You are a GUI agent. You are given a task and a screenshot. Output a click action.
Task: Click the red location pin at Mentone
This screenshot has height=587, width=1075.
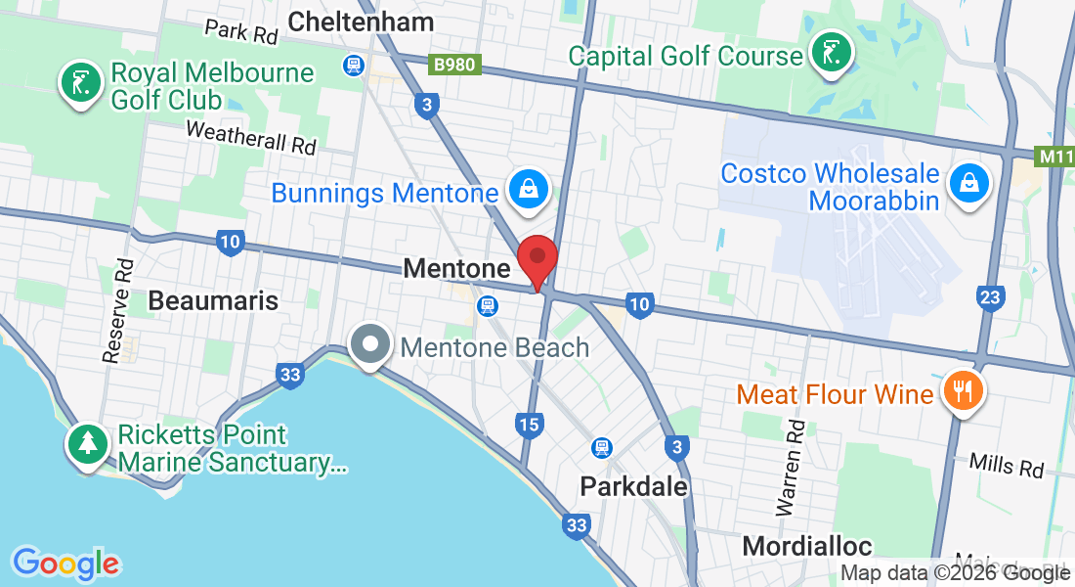click(537, 259)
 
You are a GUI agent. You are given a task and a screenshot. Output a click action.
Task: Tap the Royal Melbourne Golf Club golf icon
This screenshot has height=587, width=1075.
click(80, 82)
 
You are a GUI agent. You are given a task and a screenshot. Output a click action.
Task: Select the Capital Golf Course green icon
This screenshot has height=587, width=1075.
click(830, 53)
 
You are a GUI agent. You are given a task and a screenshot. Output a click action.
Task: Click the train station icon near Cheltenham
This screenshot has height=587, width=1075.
click(353, 66)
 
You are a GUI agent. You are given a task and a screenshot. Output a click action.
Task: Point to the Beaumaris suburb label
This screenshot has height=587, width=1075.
click(213, 300)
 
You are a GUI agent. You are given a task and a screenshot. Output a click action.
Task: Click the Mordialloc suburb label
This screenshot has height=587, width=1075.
click(807, 545)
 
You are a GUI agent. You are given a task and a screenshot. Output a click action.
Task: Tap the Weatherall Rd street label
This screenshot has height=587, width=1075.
click(251, 137)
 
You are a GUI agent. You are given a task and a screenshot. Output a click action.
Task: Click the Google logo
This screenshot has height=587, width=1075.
click(65, 564)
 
